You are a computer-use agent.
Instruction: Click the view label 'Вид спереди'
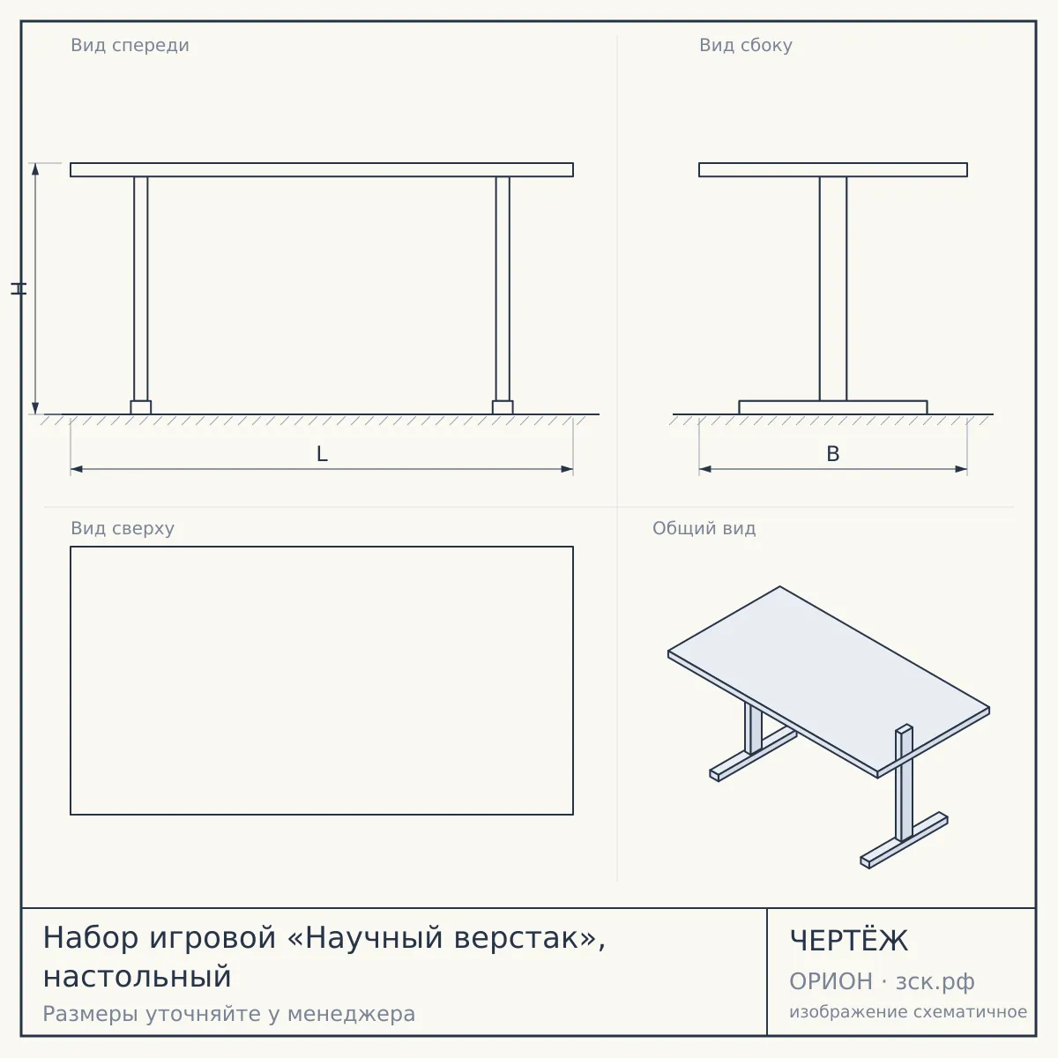[x=130, y=45]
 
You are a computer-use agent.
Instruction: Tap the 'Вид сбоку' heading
[x=746, y=45]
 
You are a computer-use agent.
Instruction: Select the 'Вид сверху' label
[x=123, y=528]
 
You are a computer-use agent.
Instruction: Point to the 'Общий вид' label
[x=704, y=528]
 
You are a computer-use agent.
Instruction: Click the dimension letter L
[x=323, y=454]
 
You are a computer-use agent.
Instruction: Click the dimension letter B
[x=833, y=454]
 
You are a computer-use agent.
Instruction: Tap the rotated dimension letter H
[x=19, y=289]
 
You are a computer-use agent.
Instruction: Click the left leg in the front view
[x=140, y=289]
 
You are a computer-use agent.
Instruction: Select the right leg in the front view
[x=503, y=289]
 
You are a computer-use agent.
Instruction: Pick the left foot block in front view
[x=140, y=407]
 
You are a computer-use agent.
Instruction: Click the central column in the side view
[x=833, y=289]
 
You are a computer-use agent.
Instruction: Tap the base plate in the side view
[x=833, y=407]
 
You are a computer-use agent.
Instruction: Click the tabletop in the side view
[x=833, y=169]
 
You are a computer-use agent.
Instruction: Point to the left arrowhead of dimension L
[x=77, y=469]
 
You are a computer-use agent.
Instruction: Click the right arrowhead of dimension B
[x=961, y=469]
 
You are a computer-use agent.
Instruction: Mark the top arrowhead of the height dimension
[x=35, y=169]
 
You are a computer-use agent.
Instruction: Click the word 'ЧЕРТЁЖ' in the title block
[x=849, y=941]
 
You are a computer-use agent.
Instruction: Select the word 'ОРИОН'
[x=831, y=981]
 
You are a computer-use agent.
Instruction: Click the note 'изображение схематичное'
[x=908, y=1011]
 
